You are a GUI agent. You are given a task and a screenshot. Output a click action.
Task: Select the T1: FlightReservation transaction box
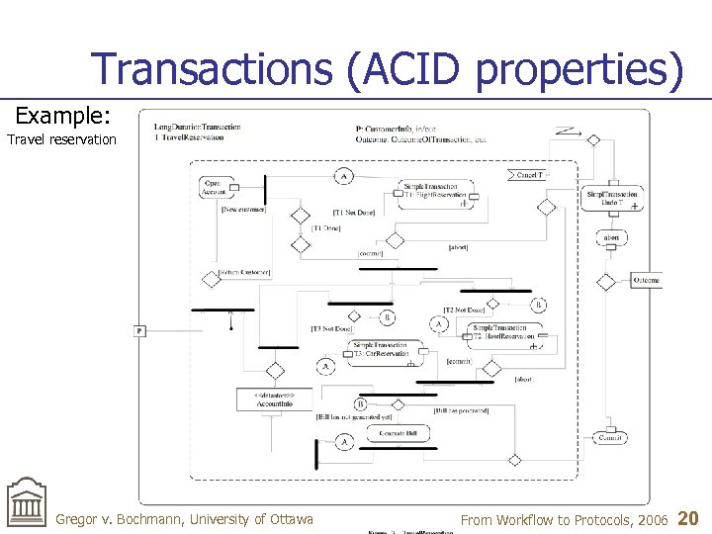point(435,191)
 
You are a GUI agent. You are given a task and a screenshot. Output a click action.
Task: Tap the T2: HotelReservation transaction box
point(503,332)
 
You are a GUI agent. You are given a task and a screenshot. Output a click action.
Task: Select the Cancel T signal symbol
point(529,174)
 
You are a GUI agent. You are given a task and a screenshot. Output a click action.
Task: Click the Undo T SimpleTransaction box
point(612,198)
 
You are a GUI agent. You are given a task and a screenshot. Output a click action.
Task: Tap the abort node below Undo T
point(612,238)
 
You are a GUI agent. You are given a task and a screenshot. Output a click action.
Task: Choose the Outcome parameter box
point(646,281)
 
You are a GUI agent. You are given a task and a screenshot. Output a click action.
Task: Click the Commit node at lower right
point(611,437)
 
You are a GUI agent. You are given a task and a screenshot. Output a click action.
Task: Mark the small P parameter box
point(139,330)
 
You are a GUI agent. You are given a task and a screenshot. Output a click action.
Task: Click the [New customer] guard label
point(244,210)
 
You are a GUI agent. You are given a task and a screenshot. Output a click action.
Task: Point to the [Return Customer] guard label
point(244,272)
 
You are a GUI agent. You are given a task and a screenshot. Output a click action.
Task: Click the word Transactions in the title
point(209,69)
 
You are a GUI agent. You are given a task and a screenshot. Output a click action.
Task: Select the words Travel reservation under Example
point(61,139)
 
